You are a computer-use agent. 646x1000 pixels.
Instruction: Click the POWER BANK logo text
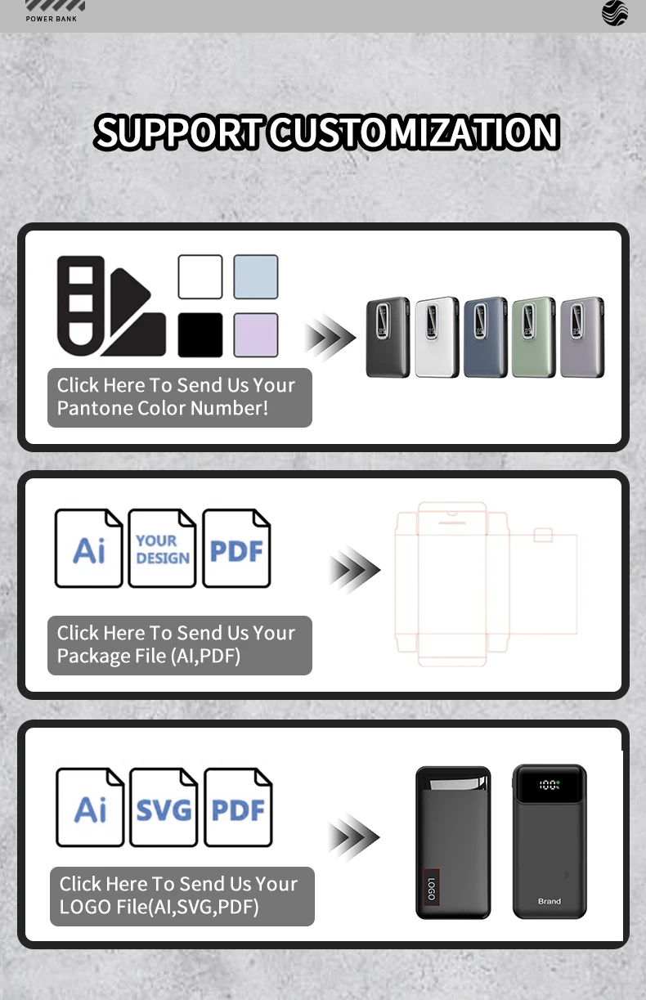(x=52, y=19)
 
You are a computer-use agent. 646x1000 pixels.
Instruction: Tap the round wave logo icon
(x=615, y=13)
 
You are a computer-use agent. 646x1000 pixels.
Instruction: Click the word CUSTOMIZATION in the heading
(x=415, y=132)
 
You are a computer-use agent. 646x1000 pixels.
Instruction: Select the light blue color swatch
(x=256, y=277)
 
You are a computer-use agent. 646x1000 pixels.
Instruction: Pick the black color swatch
(x=200, y=334)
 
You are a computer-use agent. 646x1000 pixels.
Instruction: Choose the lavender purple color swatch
(x=256, y=334)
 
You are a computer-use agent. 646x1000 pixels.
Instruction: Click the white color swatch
(x=200, y=277)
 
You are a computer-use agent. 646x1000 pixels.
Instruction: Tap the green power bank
(x=533, y=338)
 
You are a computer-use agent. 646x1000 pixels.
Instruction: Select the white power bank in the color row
(x=437, y=338)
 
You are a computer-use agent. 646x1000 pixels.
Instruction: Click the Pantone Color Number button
(x=179, y=397)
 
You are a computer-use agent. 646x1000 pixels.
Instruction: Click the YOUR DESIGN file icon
(x=162, y=548)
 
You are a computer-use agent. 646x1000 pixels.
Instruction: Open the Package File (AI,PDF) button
(x=179, y=645)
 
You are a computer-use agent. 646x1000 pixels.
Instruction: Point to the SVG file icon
(x=164, y=807)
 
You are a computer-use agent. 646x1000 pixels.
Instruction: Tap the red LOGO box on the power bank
(x=432, y=887)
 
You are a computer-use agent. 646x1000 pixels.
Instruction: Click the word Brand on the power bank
(x=550, y=901)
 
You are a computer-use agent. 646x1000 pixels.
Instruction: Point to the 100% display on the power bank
(x=550, y=785)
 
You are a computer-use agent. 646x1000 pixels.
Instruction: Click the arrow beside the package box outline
(x=354, y=570)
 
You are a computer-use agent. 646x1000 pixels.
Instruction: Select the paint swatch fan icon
(x=110, y=307)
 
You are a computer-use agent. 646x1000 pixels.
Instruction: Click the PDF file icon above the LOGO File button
(x=238, y=807)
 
